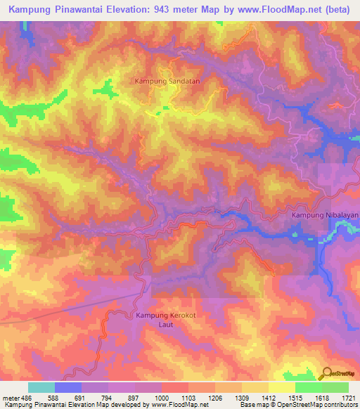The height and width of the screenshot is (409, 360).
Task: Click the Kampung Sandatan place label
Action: [167, 82]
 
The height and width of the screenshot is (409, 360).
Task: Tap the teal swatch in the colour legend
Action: [41, 387]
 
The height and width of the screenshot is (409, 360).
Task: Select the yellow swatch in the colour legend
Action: [281, 387]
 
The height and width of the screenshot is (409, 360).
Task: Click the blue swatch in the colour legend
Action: [68, 387]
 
